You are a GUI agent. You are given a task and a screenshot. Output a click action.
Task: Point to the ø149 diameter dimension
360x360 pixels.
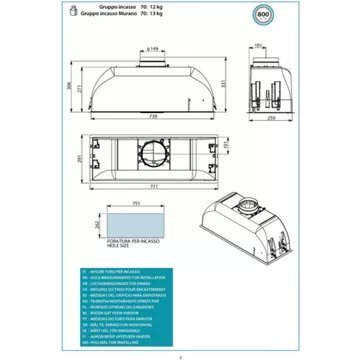point(152,46)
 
